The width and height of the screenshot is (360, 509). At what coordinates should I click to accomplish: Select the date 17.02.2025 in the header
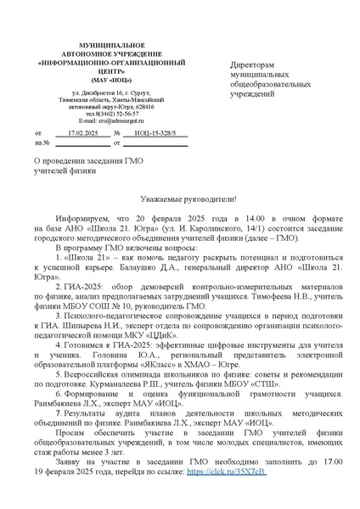pos(83,134)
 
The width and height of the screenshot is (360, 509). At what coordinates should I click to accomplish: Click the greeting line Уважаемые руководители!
pos(178,199)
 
